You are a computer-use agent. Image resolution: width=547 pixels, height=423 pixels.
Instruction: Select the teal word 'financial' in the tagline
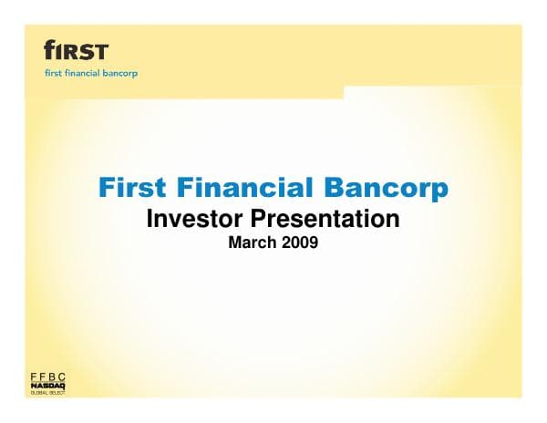(x=84, y=73)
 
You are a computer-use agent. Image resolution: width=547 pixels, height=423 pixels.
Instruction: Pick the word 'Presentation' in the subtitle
(x=325, y=220)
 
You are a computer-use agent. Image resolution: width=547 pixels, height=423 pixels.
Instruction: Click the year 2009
(x=299, y=243)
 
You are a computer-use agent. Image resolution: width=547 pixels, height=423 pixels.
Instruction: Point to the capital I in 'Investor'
(x=150, y=219)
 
